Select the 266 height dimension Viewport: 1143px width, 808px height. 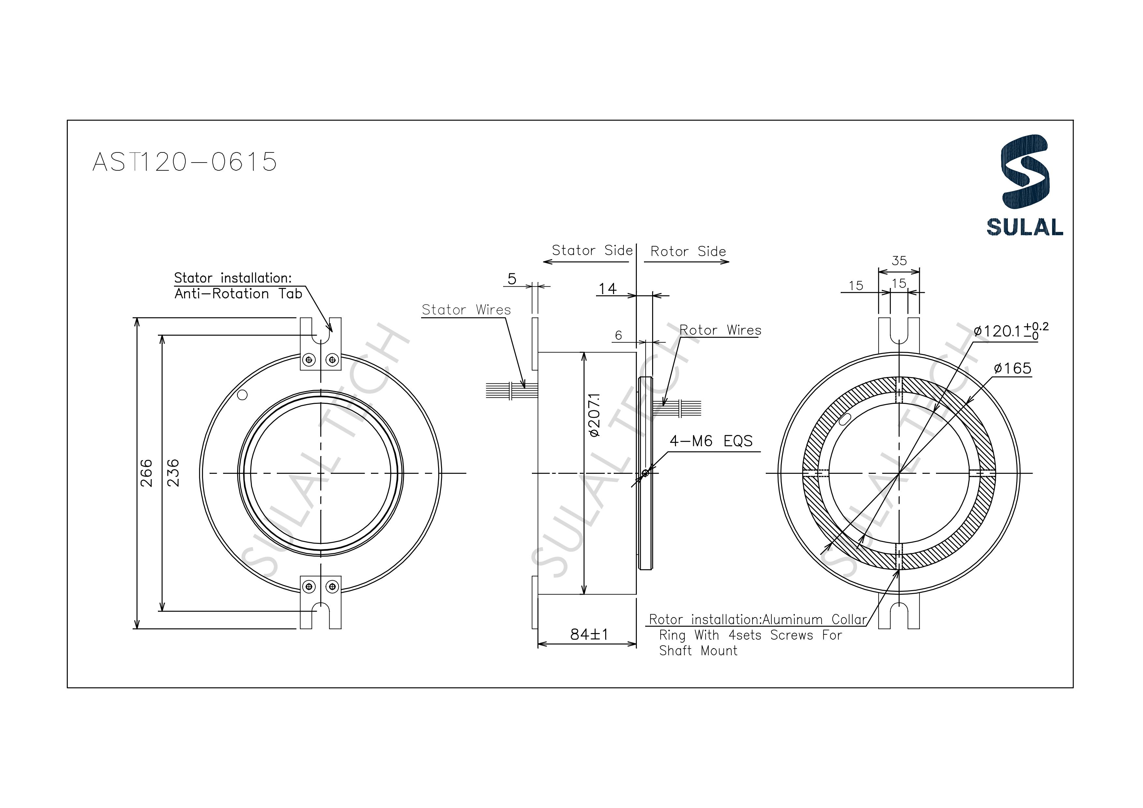146,473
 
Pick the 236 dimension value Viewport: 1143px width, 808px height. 173,473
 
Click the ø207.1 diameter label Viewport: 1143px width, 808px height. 594,415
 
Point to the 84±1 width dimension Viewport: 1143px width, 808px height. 589,634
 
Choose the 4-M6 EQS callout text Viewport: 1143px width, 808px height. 710,441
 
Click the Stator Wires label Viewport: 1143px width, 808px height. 466,310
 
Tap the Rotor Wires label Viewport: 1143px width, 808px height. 720,330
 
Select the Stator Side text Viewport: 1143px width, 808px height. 592,250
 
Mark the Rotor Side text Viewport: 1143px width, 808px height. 688,251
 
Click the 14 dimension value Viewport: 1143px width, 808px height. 607,289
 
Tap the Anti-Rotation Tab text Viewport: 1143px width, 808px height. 238,294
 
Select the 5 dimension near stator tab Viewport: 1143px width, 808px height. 512,279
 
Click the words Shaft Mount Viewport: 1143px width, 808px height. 698,651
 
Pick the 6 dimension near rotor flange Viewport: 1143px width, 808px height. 618,335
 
